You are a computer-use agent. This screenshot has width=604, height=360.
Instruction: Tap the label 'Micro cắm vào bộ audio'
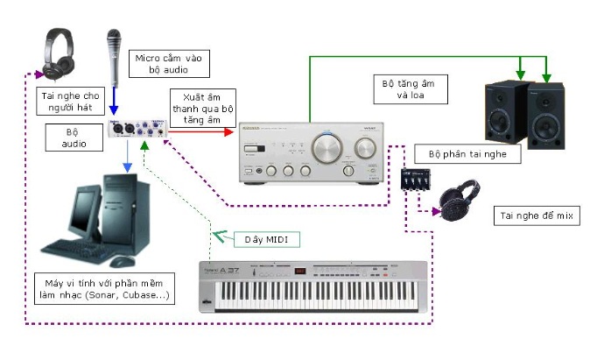click(x=169, y=64)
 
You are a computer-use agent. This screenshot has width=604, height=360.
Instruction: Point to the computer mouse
click(x=122, y=261)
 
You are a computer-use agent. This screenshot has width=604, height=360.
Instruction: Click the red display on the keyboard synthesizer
click(x=299, y=271)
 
